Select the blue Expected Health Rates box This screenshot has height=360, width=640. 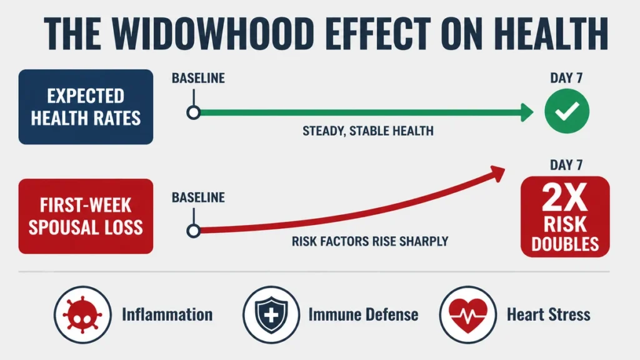[86, 107]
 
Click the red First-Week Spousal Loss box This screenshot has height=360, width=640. [86, 216]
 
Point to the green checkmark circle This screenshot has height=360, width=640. [567, 111]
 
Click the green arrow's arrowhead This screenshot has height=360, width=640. [527, 112]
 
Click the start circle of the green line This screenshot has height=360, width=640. [194, 112]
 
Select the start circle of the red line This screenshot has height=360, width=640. [194, 231]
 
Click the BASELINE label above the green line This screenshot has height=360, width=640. [198, 78]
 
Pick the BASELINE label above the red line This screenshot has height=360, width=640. [198, 197]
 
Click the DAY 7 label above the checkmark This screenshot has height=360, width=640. [566, 78]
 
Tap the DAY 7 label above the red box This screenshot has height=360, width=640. [566, 165]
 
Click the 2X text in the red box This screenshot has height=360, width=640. [565, 197]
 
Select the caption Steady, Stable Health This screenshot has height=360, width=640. [368, 131]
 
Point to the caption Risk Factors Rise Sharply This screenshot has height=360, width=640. [370, 241]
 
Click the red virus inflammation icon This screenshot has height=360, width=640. [82, 315]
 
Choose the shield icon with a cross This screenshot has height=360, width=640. [271, 315]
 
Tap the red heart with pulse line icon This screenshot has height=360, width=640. [468, 315]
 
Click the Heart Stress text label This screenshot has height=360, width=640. [549, 315]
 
